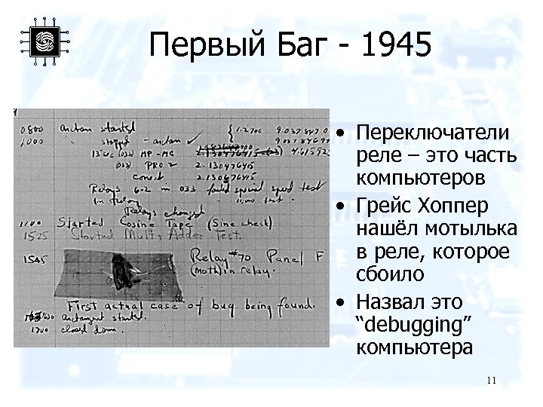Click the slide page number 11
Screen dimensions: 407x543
tap(491, 381)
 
